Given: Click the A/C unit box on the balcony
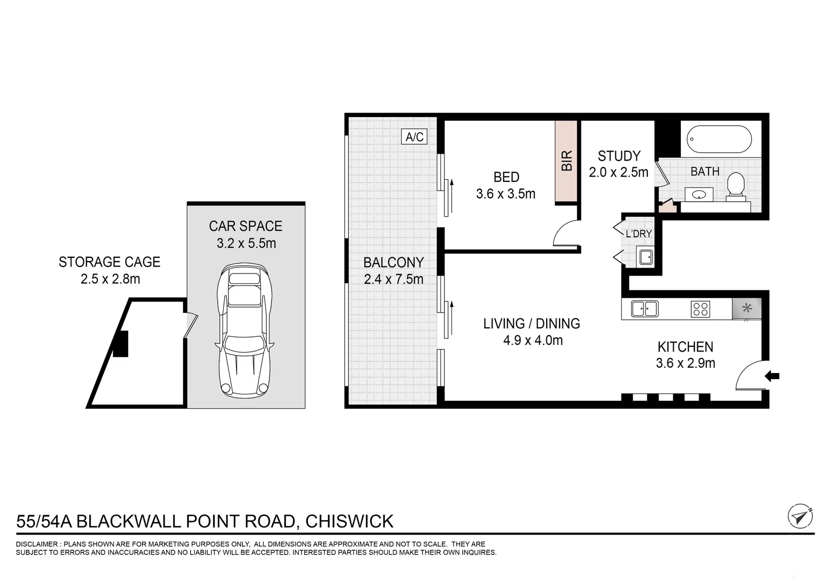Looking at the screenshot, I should (x=415, y=136).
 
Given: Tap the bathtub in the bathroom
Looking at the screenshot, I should (x=719, y=140).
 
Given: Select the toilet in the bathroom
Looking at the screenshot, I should (x=735, y=186).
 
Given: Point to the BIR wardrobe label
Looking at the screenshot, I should (x=567, y=161).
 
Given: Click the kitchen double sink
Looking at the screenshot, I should (x=644, y=309).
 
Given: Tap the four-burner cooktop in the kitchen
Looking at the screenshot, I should (x=700, y=309).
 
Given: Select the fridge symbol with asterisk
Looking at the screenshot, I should (x=746, y=309).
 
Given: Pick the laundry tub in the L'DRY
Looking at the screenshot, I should (x=646, y=257).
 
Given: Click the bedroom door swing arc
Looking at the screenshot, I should (x=565, y=234).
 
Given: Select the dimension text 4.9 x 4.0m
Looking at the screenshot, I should (x=533, y=341).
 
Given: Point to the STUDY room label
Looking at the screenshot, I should (x=619, y=156).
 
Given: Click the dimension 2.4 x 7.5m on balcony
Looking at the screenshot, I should (x=393, y=279).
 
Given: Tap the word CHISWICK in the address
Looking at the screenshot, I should (x=349, y=521).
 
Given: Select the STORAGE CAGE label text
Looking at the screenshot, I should (x=109, y=262).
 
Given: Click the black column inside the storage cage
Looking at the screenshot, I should (x=121, y=344).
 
